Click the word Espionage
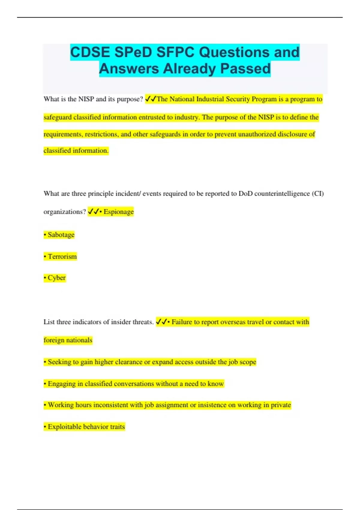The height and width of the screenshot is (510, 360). [x=118, y=212]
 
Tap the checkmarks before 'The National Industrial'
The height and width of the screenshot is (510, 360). [x=151, y=99]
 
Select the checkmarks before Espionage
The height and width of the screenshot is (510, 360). [x=93, y=212]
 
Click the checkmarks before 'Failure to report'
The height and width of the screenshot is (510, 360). [x=161, y=322]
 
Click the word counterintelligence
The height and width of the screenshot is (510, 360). [x=282, y=194]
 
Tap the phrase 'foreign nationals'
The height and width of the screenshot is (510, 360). [x=68, y=340]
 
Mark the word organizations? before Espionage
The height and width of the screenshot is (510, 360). [x=64, y=212]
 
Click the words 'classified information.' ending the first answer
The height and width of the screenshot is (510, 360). [x=76, y=151]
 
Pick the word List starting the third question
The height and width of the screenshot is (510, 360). [x=49, y=322]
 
